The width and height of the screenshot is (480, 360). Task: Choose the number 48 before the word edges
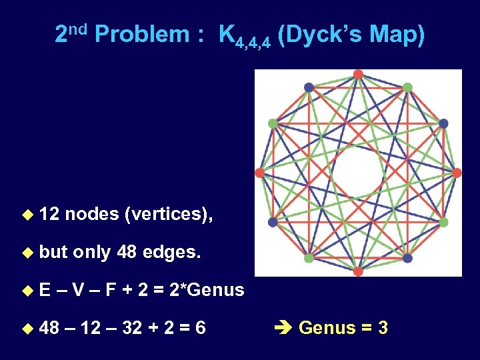pos(126,252)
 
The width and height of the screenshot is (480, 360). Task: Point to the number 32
pos(131,328)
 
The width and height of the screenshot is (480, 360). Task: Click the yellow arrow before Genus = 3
pos(283,328)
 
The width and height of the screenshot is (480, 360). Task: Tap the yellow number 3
pos(382,328)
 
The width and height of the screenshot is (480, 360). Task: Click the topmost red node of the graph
pos(358,74)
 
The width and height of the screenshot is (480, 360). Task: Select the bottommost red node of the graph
pos(358,271)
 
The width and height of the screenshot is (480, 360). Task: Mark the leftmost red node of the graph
pos(259,173)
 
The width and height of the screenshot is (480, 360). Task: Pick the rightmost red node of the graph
pos(457,173)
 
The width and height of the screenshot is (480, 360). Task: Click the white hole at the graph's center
pos(357,173)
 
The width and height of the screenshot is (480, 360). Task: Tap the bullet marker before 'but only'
pos(27,253)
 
